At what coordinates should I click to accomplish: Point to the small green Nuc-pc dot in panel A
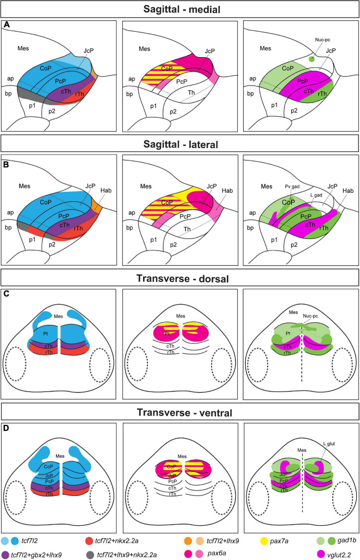pyautogui.click(x=312, y=59)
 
